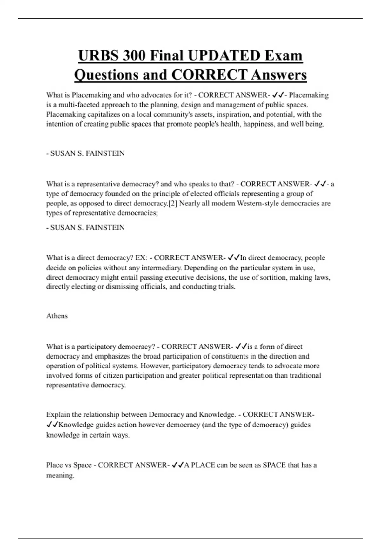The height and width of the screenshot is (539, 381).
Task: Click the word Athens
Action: [57, 316]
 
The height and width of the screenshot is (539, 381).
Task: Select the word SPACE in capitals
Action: [274, 465]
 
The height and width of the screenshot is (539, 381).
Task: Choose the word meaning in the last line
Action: [60, 475]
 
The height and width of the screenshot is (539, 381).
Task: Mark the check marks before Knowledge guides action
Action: [52, 425]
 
